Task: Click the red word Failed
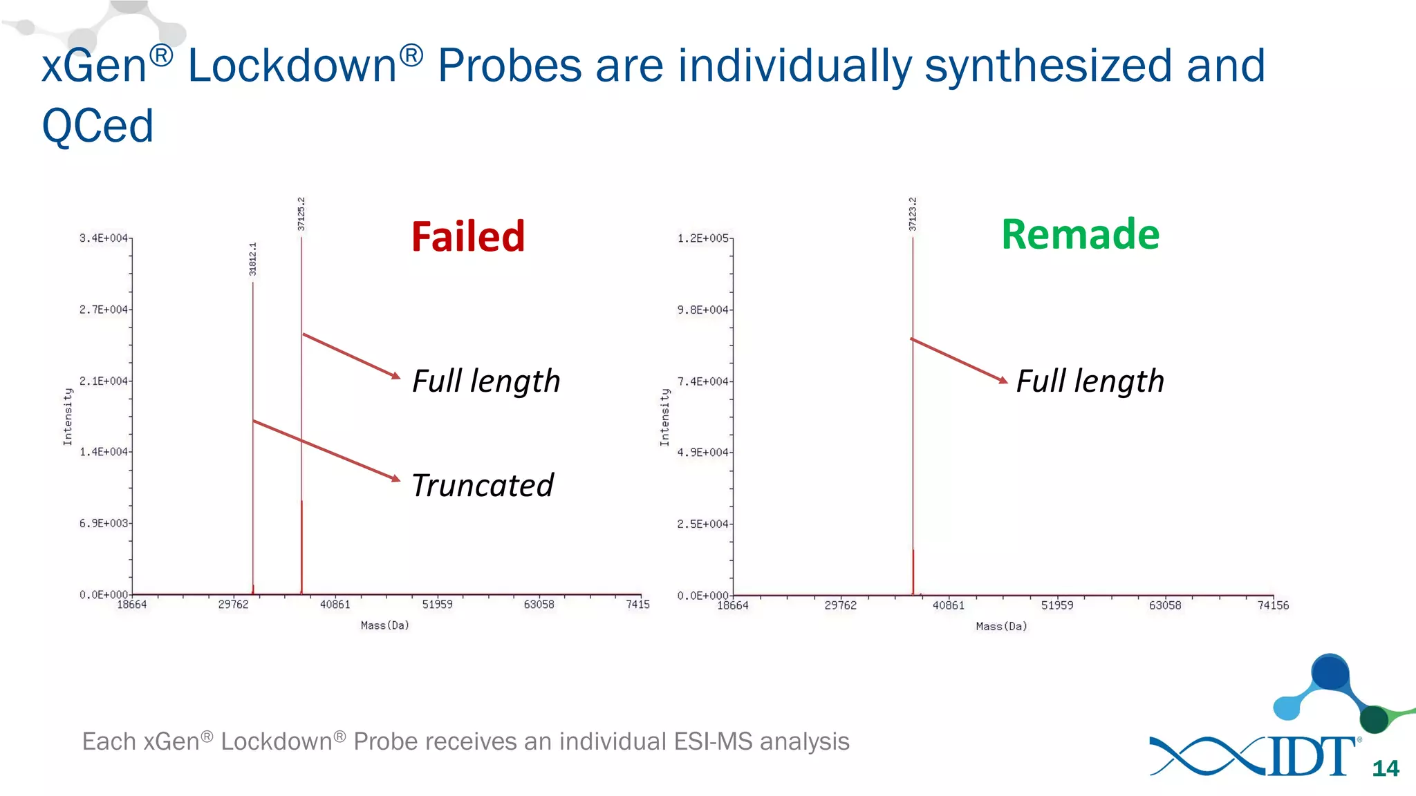(468, 236)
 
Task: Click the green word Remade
(1080, 234)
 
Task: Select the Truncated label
(483, 485)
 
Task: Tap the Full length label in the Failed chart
(486, 381)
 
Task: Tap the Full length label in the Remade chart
(1090, 381)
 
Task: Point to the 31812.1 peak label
(253, 259)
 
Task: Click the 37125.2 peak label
(301, 214)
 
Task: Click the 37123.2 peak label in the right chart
(913, 214)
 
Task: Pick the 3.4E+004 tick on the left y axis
(104, 238)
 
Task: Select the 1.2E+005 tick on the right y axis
(702, 238)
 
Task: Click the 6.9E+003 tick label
(104, 524)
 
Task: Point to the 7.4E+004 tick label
(702, 381)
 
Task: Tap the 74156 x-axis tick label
(1273, 605)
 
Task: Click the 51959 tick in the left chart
(437, 605)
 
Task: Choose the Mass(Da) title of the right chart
(1001, 627)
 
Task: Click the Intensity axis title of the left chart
(68, 416)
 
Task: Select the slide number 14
(1386, 768)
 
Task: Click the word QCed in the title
(97, 126)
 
